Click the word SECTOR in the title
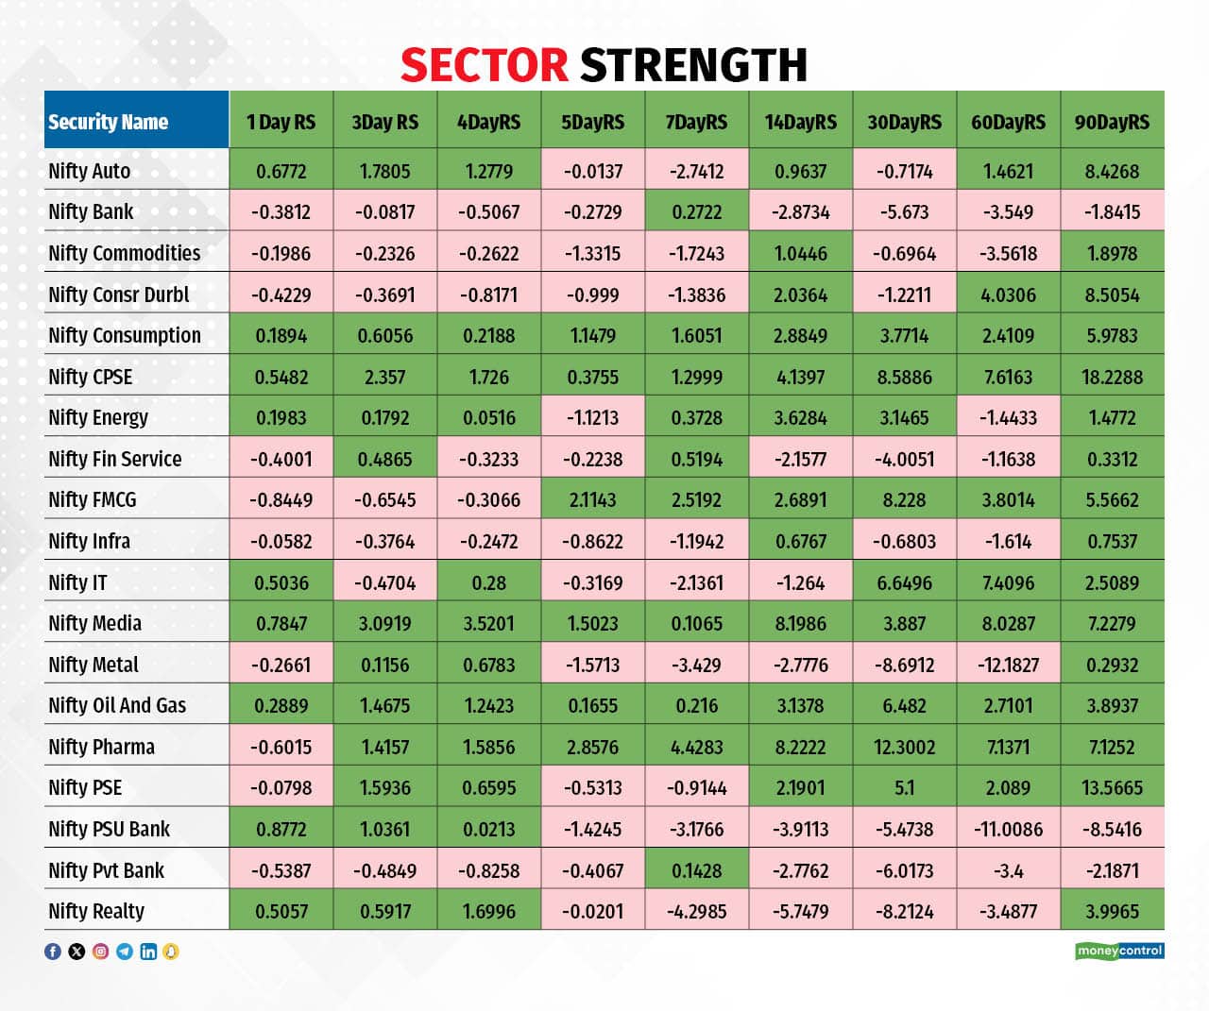point(484,65)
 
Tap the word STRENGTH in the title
point(693,65)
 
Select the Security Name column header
point(108,122)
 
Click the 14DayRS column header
point(800,122)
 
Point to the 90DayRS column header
point(1112,122)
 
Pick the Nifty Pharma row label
point(101,747)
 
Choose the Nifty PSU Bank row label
point(109,829)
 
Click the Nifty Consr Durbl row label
point(118,295)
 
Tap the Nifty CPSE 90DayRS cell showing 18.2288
point(1112,377)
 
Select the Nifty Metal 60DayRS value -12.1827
point(1008,665)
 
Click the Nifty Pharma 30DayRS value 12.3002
point(904,747)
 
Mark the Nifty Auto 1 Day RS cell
point(281,171)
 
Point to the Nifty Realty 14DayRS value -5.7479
point(800,911)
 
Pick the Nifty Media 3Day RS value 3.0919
point(384,623)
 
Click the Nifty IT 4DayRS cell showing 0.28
point(488,582)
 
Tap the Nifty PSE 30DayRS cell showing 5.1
point(904,787)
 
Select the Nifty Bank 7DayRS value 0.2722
point(696,211)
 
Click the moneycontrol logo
point(1119,951)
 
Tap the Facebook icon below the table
point(53,952)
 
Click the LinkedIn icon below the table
point(148,952)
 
